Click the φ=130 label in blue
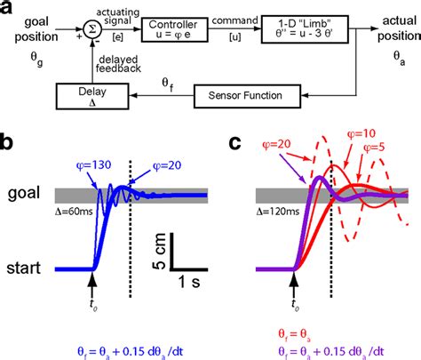(x=89, y=141)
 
